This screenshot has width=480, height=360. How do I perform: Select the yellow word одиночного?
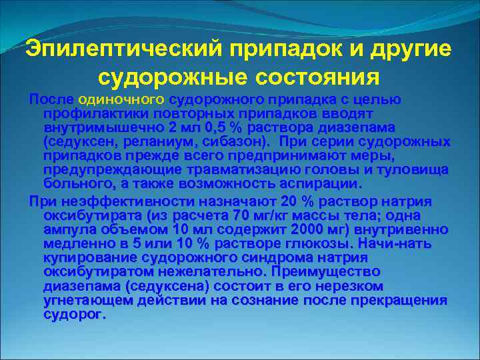point(121,99)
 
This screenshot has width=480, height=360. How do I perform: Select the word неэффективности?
point(117,201)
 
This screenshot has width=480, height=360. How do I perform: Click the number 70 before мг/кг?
point(239,215)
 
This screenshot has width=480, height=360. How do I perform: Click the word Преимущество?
point(323,271)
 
